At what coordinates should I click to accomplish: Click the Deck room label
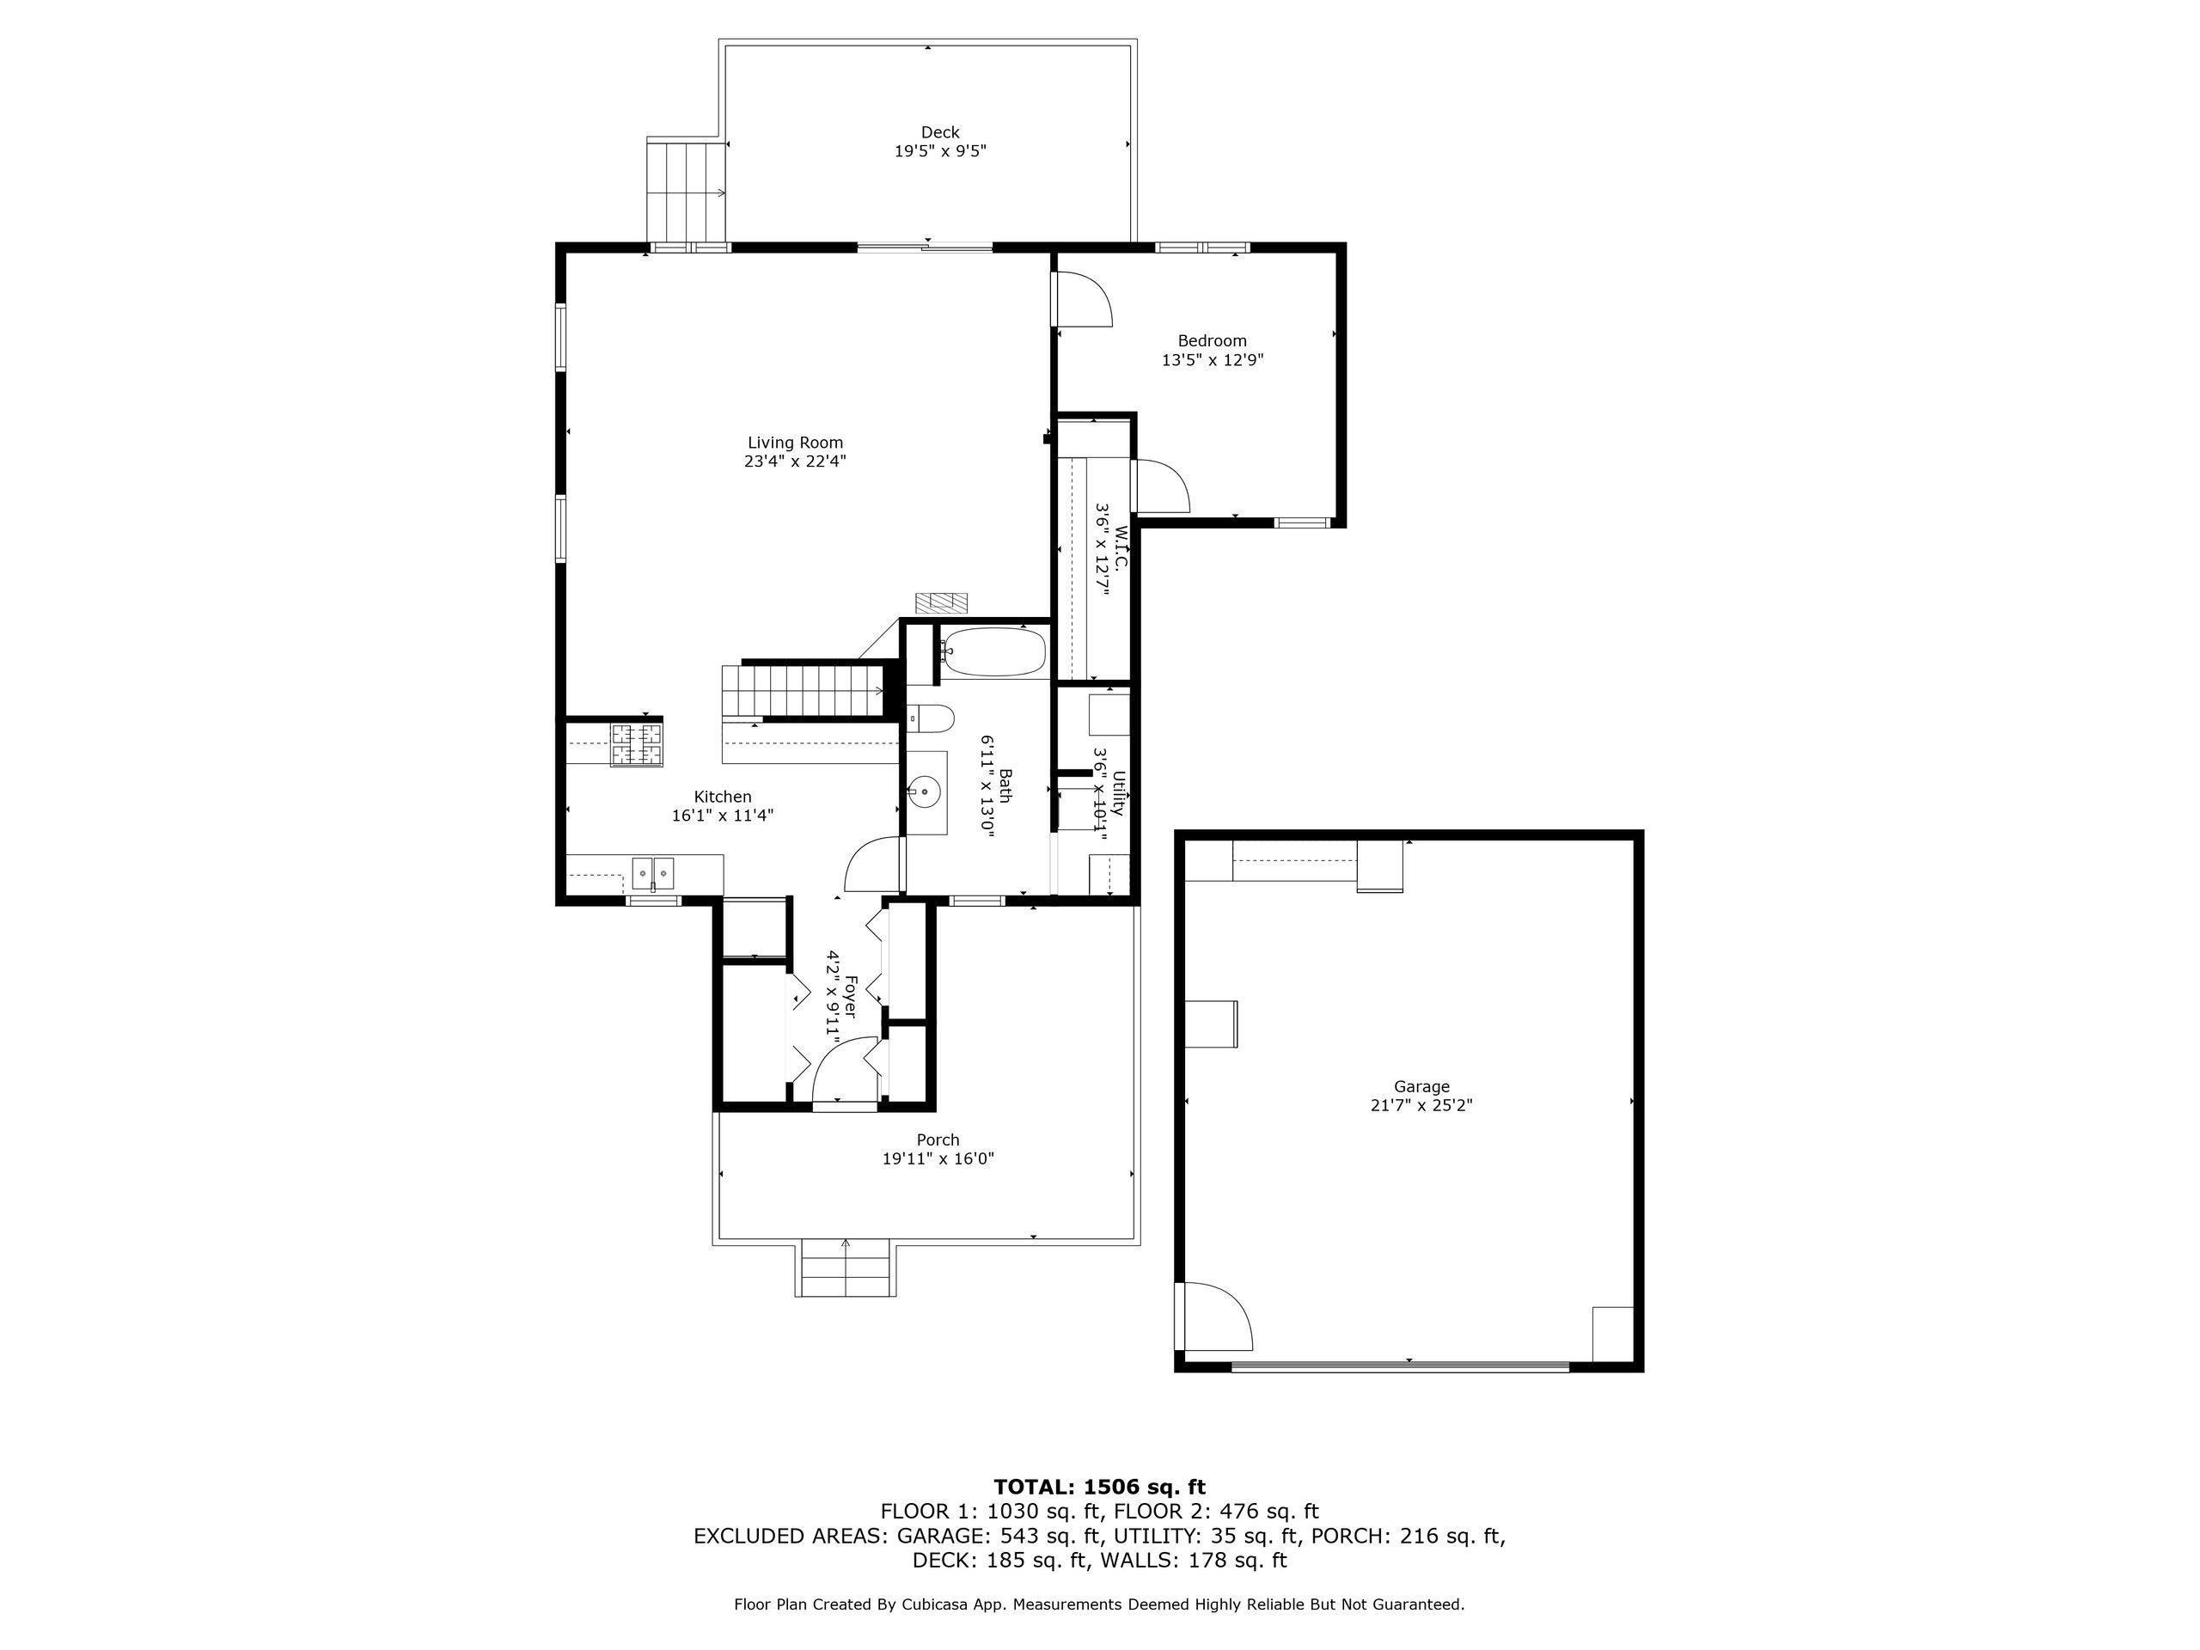(x=939, y=132)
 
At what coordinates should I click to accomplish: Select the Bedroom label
(x=1212, y=341)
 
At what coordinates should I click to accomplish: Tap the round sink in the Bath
(x=925, y=792)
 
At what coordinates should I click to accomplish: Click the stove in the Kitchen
(x=636, y=745)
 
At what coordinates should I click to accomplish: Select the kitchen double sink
(x=652, y=873)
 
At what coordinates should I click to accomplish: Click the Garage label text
(x=1421, y=1087)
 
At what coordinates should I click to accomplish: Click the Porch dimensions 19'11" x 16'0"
(x=937, y=1158)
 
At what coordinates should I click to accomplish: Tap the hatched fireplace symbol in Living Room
(x=941, y=602)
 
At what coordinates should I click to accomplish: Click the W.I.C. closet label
(x=1121, y=547)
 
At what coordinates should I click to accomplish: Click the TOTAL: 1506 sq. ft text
(x=1099, y=1487)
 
